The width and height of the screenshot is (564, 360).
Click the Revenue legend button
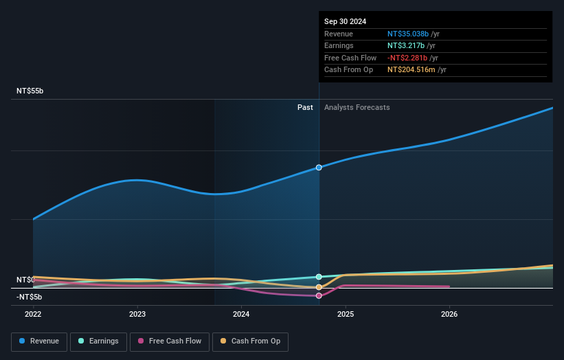[39, 341]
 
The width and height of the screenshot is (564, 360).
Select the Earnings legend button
[98, 341]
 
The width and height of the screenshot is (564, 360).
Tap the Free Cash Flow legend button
[170, 341]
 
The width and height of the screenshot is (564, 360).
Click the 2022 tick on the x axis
[33, 314]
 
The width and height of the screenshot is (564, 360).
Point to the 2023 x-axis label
[137, 314]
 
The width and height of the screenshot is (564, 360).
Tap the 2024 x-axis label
[241, 314]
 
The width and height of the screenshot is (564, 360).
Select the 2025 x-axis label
[346, 314]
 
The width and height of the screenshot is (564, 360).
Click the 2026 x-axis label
[449, 314]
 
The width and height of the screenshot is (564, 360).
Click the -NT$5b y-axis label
[29, 297]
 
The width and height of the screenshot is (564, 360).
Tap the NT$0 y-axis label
[25, 280]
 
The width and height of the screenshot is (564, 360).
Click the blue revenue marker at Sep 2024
[319, 168]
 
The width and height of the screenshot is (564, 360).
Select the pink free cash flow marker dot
[319, 296]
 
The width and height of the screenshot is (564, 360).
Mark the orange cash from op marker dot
[319, 287]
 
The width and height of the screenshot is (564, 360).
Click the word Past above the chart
[305, 107]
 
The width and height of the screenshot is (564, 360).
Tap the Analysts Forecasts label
[357, 107]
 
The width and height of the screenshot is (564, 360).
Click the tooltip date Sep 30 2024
[346, 21]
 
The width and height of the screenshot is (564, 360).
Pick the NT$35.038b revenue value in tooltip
[408, 34]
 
